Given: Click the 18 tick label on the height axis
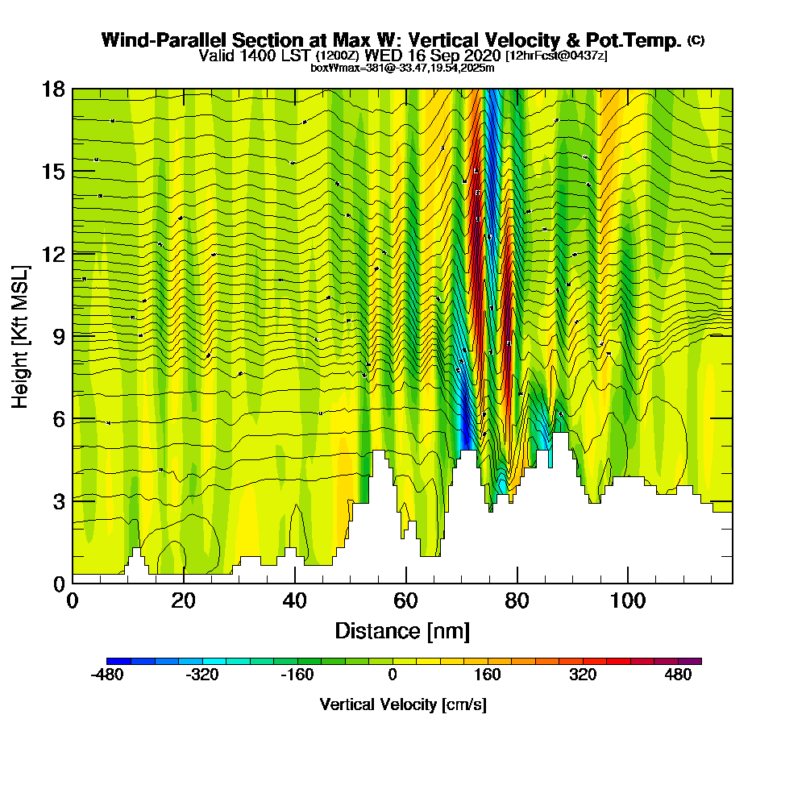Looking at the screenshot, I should [x=54, y=89].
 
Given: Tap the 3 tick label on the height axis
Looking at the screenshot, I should [x=59, y=501].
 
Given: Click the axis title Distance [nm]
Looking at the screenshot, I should [x=402, y=630].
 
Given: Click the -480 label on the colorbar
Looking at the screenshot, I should [x=107, y=675].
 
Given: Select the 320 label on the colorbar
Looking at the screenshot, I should [x=583, y=675].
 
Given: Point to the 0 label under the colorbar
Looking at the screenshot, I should [x=393, y=675].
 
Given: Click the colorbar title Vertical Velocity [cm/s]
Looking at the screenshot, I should [x=403, y=704].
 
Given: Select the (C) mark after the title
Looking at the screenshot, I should [x=696, y=39].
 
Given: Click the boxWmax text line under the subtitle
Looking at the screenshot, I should [x=402, y=68].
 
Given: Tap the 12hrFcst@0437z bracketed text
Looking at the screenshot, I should [x=556, y=56].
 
